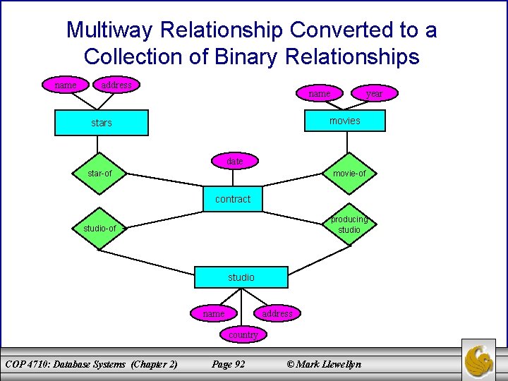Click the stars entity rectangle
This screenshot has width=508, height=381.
coord(102,122)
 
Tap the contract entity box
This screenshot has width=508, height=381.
coord(233,199)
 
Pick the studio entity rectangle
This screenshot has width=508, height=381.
coord(241,277)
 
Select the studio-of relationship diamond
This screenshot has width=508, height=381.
coord(99,229)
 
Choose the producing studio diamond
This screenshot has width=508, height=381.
coord(349,224)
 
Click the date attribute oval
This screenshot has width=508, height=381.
coord(235,162)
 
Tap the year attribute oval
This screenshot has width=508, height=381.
coord(374,93)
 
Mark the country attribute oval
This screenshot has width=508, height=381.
coord(243,334)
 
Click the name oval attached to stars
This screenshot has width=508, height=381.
coord(66,85)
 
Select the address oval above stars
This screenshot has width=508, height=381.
coord(116,85)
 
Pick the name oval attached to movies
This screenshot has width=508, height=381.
coord(320,93)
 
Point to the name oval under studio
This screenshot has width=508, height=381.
coord(213,313)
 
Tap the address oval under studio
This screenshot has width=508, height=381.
coord(277,313)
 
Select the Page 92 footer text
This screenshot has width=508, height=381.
coord(229,364)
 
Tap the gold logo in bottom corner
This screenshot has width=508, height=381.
coord(479,360)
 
